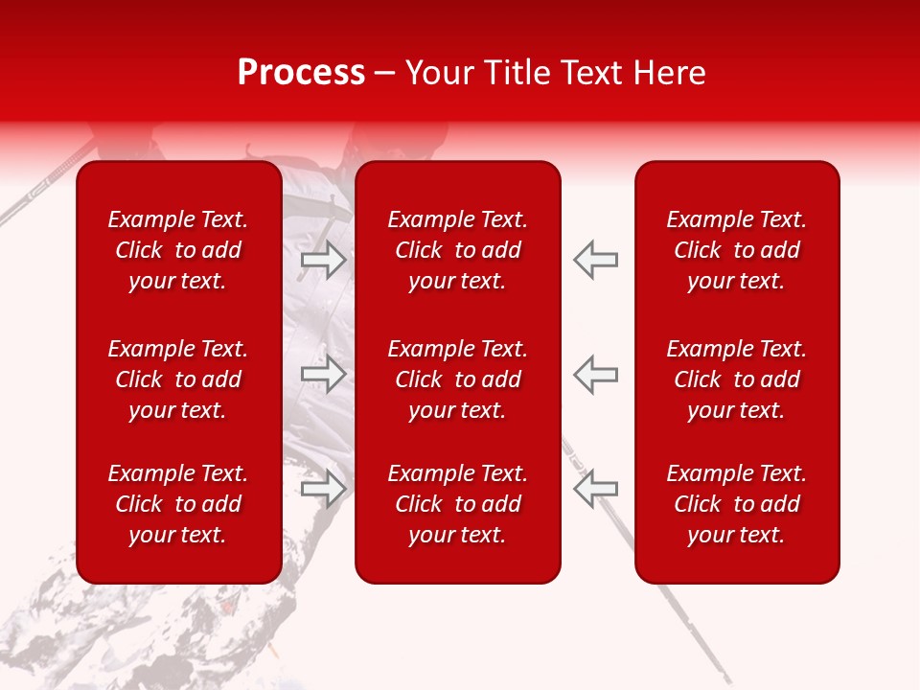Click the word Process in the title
coord(301,73)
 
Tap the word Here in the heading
coord(668,73)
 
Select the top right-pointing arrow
coord(324,259)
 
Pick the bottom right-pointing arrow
coord(324,488)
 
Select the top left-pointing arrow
coord(595,259)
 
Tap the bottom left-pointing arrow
coord(595,488)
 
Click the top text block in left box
coord(178,250)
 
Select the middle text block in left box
coord(178,379)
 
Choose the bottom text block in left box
coord(178,504)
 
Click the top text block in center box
coord(458,250)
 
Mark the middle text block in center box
coord(458,379)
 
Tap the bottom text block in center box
coord(458,504)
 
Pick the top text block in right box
coord(737,250)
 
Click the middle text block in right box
coord(737,379)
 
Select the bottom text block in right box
coord(737,504)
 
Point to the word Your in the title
coord(438,73)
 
